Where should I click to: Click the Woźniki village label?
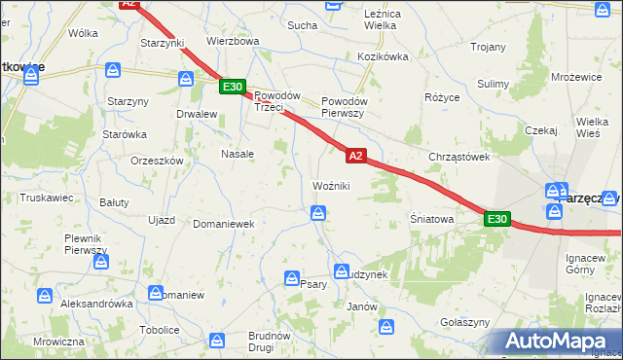coord(331,186)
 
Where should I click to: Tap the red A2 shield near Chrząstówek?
coord(355,155)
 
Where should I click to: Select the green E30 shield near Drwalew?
coord(232,87)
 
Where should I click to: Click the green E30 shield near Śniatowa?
coord(496,220)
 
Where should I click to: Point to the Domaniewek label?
coord(223,224)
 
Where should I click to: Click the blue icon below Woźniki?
coord(318,213)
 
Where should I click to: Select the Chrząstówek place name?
coord(458,157)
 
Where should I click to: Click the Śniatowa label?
coord(432,220)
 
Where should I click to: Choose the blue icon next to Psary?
coord(291,279)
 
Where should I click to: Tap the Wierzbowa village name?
coord(233,42)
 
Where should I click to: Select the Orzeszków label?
coord(157,162)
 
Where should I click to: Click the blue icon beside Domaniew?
coord(156,292)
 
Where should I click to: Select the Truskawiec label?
coord(47,197)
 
